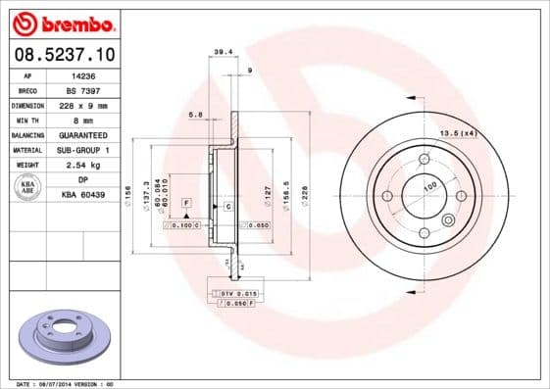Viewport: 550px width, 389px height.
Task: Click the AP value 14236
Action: tap(82, 74)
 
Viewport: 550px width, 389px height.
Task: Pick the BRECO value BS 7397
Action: tap(82, 89)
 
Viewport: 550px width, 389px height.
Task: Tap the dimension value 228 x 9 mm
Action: tap(82, 104)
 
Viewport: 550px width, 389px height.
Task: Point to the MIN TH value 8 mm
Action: tap(82, 120)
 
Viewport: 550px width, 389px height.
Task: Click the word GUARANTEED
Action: tap(82, 134)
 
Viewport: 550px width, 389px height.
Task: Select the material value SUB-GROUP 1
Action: tap(82, 150)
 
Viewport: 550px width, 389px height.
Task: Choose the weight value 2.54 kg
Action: tap(82, 166)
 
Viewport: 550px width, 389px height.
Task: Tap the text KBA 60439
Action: tap(82, 195)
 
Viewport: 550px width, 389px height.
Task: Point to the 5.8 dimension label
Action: tap(197, 114)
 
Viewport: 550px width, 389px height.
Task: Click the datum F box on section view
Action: tap(184, 202)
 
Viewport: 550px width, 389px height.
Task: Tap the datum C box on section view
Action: tap(227, 207)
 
